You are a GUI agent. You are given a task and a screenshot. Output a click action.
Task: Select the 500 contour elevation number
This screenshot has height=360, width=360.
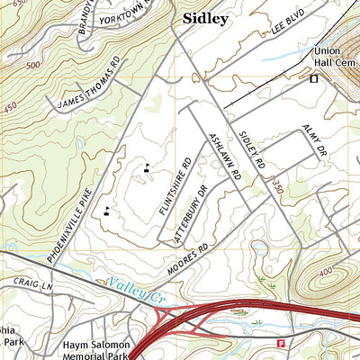coord(34,66)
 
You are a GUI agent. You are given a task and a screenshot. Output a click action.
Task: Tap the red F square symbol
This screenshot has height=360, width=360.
coord(281,343)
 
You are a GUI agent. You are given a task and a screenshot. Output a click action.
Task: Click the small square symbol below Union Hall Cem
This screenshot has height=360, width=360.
coord(314,79)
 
